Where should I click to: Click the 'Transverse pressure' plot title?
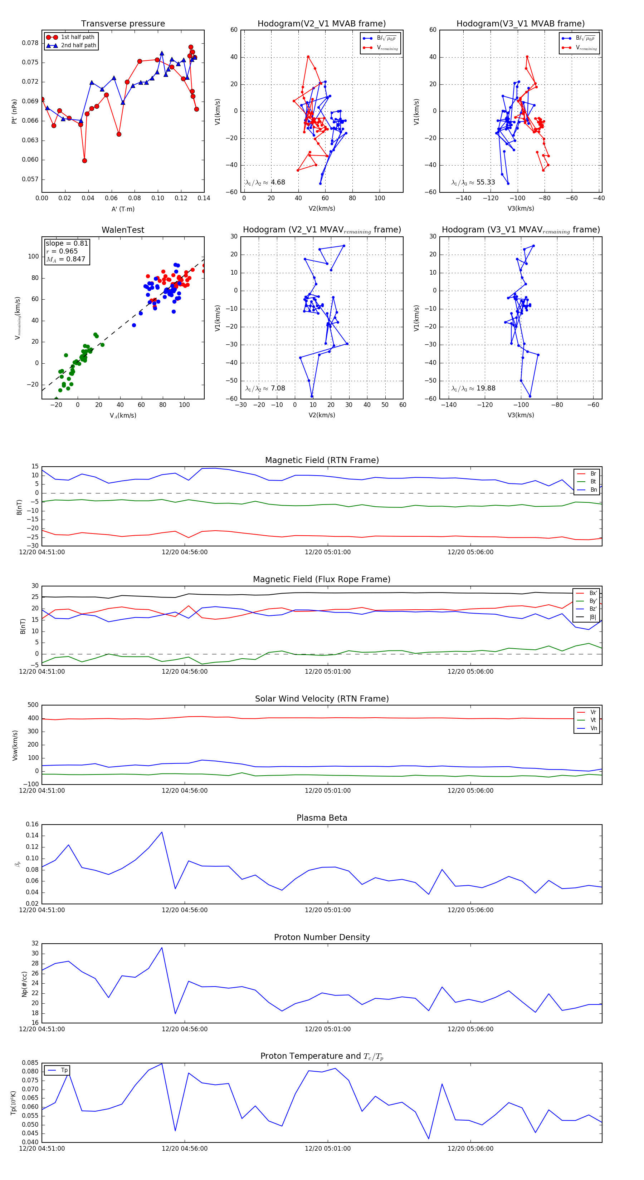123,24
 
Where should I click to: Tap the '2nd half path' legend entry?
78,45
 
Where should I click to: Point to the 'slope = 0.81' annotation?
67,243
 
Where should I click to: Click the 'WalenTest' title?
123,230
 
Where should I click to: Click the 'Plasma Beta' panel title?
322,818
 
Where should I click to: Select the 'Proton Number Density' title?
322,937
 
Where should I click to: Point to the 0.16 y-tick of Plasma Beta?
32,825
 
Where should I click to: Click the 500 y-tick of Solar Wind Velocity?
33,705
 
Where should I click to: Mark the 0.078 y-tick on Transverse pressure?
30,43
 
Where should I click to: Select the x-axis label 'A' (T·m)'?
123,209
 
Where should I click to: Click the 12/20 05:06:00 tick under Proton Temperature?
470,1149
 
